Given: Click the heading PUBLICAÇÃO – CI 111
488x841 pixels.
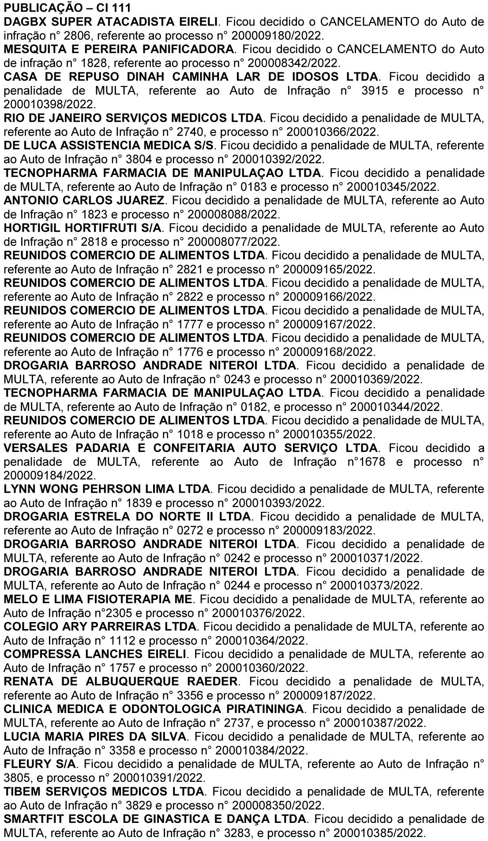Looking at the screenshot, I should coord(57,8).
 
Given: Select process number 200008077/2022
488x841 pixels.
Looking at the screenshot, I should coord(233,242).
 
